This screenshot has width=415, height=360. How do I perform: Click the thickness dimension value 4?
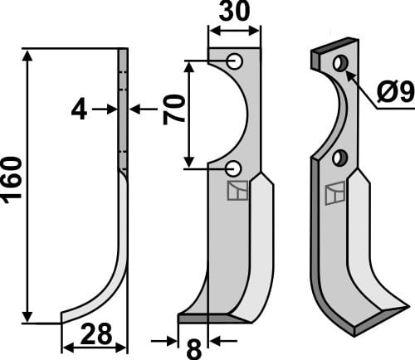(x=79, y=109)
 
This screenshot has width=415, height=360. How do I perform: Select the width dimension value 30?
(x=234, y=13)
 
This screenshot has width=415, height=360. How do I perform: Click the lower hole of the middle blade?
(x=235, y=168)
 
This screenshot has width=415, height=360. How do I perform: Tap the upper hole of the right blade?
(x=339, y=63)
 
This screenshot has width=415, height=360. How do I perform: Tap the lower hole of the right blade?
(x=339, y=158)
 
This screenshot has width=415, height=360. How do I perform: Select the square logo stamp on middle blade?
(x=237, y=190)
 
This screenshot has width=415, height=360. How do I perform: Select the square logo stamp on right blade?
(x=336, y=194)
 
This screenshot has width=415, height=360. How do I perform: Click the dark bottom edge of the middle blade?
(x=203, y=318)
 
